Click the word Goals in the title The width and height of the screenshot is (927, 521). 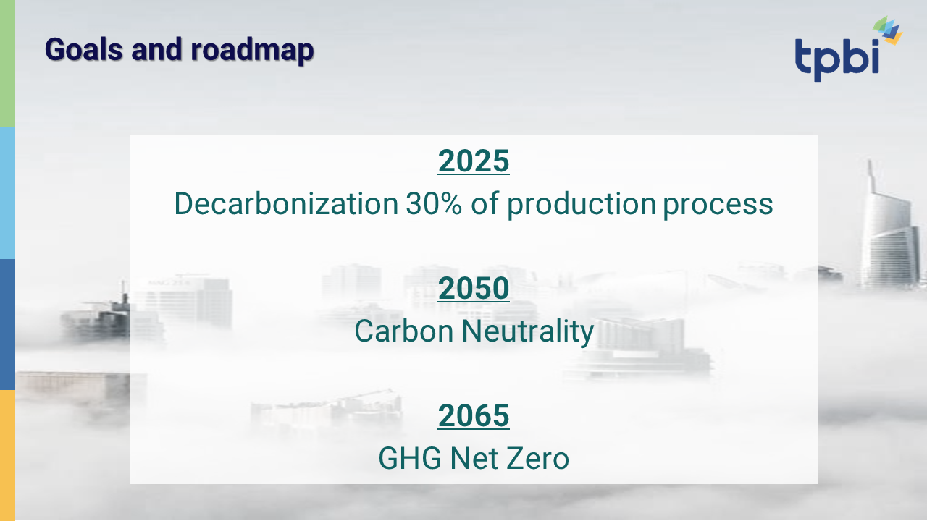tap(83, 49)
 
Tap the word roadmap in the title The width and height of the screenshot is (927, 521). tap(252, 51)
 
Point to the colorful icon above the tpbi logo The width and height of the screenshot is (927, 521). tap(887, 30)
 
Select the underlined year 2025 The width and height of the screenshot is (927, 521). tap(474, 161)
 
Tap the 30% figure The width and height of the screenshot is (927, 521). tap(433, 203)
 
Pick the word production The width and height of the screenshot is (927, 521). tap(582, 205)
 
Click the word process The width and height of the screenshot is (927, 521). tap(718, 206)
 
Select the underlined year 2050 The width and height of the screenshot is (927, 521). tap(474, 288)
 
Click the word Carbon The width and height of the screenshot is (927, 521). tap(404, 331)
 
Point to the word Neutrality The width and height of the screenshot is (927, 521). tap(528, 332)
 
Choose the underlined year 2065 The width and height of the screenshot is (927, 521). tap(474, 415)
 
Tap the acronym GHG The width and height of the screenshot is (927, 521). tap(410, 458)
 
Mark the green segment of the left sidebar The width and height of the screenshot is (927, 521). tap(7, 64)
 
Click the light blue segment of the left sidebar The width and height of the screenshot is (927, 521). tap(7, 193)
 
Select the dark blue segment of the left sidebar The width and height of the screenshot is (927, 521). tap(7, 325)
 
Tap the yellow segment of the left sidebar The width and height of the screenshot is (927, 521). tap(7, 455)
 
